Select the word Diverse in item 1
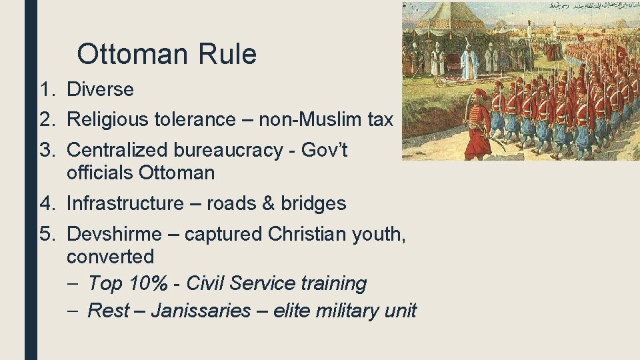pos(100,89)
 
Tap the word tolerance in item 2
pos(197,119)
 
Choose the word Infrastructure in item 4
pos(125,203)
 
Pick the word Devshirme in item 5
pos(114,233)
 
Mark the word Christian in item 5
pos(309,233)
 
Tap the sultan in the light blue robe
pos(469,61)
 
